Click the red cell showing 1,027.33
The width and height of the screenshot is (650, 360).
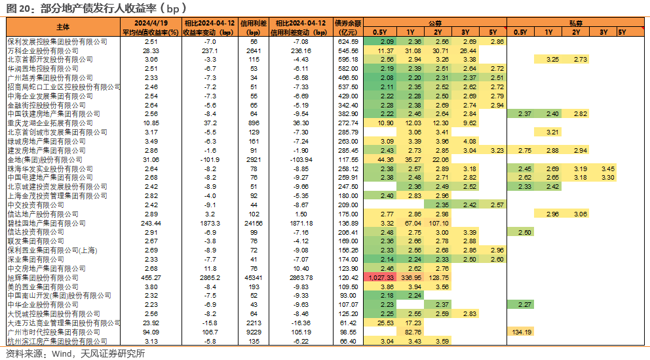point(379,277)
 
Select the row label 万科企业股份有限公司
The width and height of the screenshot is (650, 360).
point(43,50)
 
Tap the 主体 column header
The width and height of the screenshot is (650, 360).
point(63,27)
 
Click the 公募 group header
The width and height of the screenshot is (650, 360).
point(435,23)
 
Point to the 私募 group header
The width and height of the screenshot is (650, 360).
point(576,23)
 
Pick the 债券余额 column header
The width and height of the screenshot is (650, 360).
point(348,23)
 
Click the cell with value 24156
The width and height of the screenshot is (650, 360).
point(254,223)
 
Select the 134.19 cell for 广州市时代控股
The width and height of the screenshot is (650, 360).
point(522,332)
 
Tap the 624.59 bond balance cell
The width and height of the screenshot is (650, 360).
point(348,41)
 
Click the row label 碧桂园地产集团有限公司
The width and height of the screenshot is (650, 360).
point(47,223)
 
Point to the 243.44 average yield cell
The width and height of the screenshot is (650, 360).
point(151,223)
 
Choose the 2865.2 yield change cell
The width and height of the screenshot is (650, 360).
point(210,277)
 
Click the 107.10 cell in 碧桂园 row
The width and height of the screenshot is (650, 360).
point(438,223)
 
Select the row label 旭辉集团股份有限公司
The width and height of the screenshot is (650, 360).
point(43,277)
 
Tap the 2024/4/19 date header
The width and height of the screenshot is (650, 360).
point(151,23)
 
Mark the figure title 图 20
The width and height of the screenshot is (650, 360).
point(20,9)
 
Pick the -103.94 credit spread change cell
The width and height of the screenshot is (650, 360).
point(301,160)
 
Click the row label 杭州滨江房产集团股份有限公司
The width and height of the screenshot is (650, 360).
point(58,342)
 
